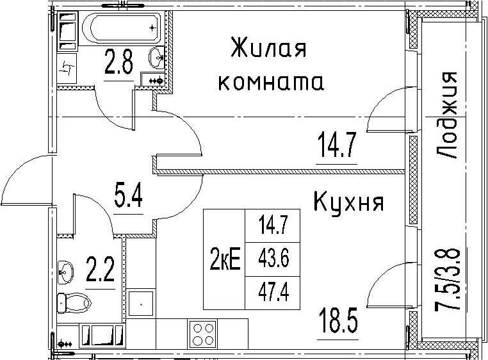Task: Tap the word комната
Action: pyautogui.click(x=271, y=83)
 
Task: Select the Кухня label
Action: pyautogui.click(x=348, y=202)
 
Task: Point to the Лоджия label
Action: pyautogui.click(x=446, y=115)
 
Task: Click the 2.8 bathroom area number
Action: pyautogui.click(x=119, y=63)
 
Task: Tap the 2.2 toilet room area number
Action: pyautogui.click(x=100, y=270)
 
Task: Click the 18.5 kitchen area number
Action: pyautogui.click(x=338, y=320)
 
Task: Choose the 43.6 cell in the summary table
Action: pyautogui.click(x=273, y=259)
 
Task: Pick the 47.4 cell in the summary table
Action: pyautogui.click(x=273, y=293)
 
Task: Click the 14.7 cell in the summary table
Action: pyautogui.click(x=273, y=225)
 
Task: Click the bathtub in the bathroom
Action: pyautogui.click(x=121, y=28)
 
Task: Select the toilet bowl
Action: pyautogui.click(x=74, y=302)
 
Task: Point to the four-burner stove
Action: pyautogui.click(x=202, y=334)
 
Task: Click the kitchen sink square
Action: pyautogui.click(x=141, y=304)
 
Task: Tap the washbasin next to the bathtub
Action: pyautogui.click(x=156, y=58)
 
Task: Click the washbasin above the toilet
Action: pyautogui.click(x=65, y=272)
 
